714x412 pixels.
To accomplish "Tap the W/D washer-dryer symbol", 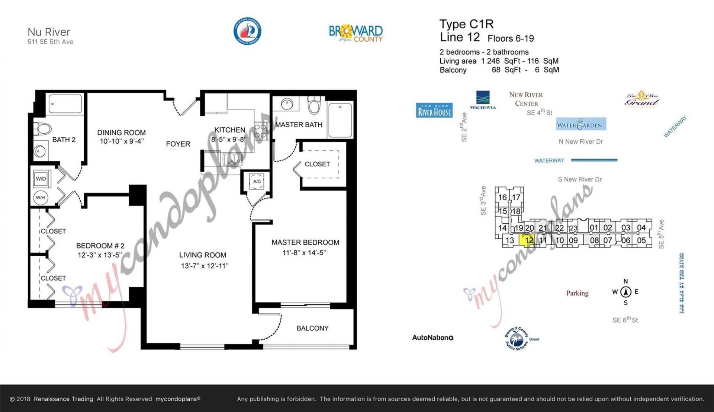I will [41, 179].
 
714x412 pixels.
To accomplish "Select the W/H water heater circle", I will [41, 198].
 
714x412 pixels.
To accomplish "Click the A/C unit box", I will [257, 182].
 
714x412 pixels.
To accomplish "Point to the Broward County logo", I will [356, 33].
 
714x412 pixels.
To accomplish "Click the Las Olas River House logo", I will [434, 110].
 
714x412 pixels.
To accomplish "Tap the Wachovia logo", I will [483, 100].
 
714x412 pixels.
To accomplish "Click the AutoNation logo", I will [433, 338].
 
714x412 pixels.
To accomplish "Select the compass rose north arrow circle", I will [626, 292].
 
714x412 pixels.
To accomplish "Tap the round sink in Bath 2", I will [40, 151].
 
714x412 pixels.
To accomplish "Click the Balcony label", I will [312, 328].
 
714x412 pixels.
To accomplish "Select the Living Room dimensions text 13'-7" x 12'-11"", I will [205, 266].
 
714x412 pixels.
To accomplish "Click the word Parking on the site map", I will [577, 293].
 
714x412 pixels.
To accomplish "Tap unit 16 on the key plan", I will [502, 197].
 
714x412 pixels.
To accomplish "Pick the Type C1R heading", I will [466, 24].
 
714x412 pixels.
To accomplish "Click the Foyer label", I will [178, 144].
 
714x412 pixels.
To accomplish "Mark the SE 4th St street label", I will [539, 112].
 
